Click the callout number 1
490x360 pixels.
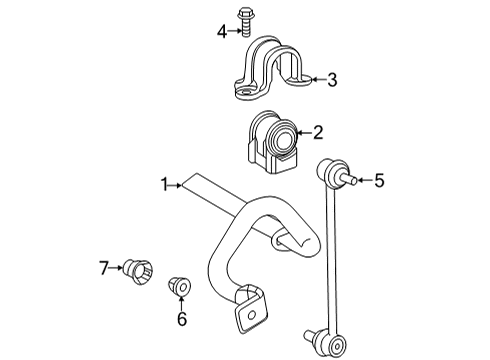click(x=164, y=184)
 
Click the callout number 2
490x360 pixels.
click(x=318, y=131)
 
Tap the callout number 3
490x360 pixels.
click(x=331, y=79)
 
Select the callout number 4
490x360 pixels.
click(x=222, y=31)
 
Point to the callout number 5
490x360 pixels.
click(x=379, y=180)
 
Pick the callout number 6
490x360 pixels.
click(x=182, y=319)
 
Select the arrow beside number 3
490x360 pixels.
click(x=314, y=79)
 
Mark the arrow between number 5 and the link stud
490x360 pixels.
click(x=364, y=180)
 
